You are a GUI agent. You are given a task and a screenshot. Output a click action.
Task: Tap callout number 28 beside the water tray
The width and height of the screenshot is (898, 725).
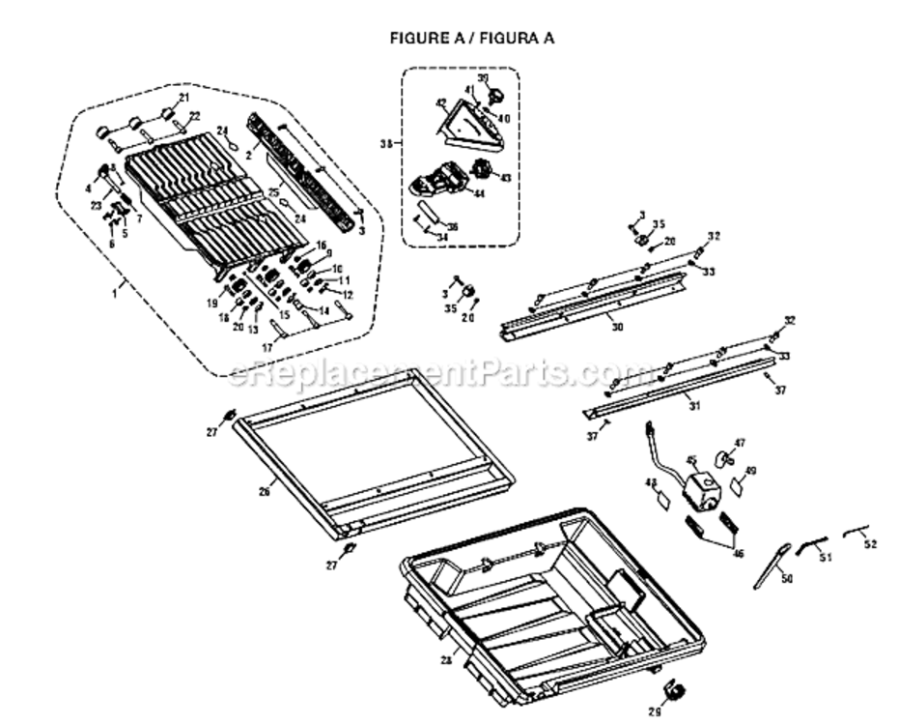coord(446,660)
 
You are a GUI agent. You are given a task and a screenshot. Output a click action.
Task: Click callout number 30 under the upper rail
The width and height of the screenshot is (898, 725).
coord(617,328)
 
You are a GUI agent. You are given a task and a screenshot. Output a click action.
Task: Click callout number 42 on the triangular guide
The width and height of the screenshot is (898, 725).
coord(440,102)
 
